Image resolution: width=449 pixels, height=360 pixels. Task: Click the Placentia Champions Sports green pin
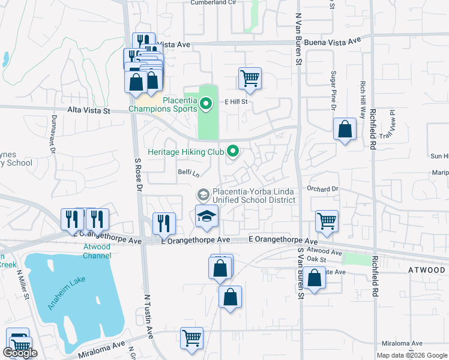click(206, 105)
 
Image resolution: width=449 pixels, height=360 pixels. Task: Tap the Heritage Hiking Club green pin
click(233, 151)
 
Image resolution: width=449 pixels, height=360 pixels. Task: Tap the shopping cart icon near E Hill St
click(250, 79)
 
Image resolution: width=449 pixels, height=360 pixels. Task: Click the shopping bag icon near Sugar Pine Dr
click(345, 129)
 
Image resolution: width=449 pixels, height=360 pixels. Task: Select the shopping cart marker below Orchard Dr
click(327, 221)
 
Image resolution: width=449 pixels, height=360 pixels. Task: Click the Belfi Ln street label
click(188, 172)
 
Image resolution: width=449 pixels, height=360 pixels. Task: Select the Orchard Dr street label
click(323, 188)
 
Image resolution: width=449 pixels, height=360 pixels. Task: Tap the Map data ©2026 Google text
click(411, 355)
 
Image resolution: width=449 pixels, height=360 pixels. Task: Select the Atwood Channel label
click(97, 251)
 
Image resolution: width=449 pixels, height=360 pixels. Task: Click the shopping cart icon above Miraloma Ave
click(191, 338)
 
